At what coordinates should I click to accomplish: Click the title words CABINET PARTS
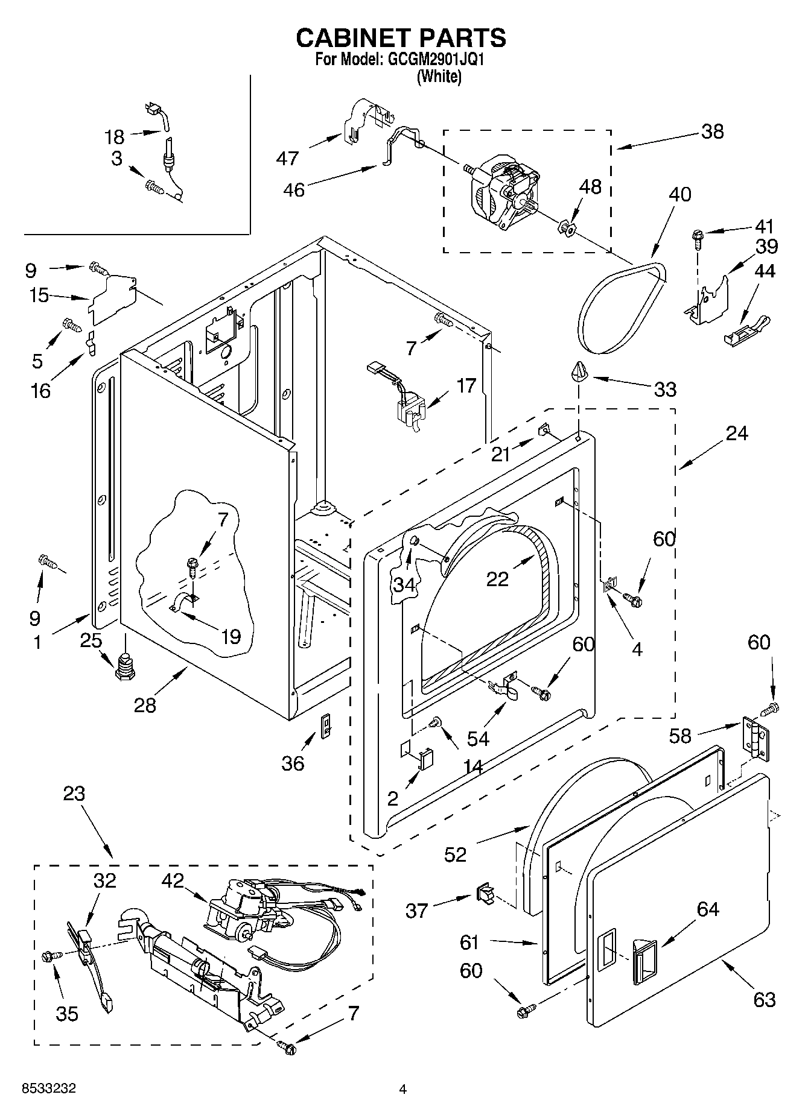click(x=401, y=37)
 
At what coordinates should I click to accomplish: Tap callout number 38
click(x=713, y=131)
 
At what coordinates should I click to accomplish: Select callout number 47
click(x=287, y=158)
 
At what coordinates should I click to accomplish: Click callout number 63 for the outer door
click(x=764, y=1000)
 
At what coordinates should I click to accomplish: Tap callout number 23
click(x=74, y=794)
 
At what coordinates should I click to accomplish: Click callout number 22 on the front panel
click(x=497, y=578)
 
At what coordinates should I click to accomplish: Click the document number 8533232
click(x=48, y=1088)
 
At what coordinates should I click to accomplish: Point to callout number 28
click(x=145, y=704)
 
